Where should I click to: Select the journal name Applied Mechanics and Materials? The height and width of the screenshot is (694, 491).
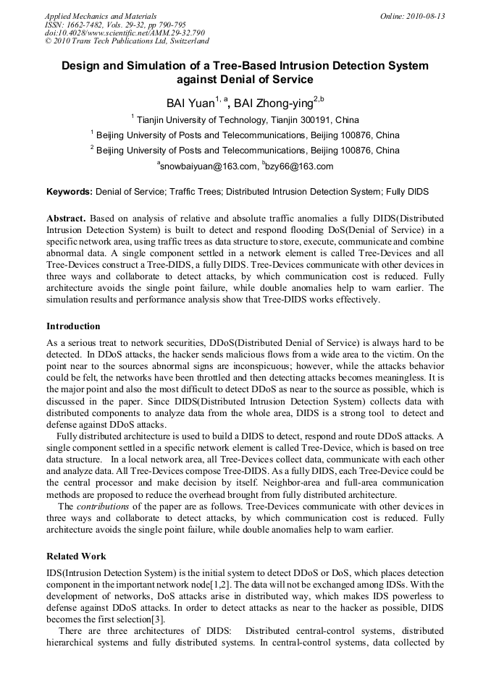click(x=101, y=15)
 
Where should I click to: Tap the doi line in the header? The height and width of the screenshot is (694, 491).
click(x=125, y=33)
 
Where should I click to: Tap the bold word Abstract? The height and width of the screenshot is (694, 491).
click(x=67, y=218)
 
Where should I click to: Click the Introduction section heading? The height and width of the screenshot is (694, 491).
click(x=73, y=326)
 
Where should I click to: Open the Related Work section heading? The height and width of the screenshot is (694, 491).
click(x=76, y=557)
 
